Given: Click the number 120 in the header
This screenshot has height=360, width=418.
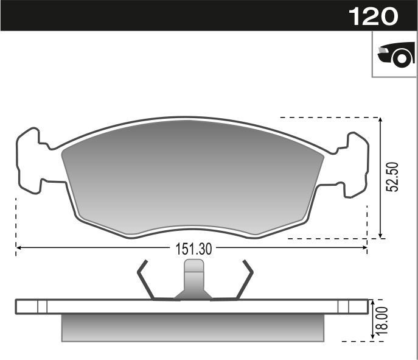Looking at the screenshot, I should (373, 16).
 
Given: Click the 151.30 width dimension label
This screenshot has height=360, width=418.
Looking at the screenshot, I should (193, 249).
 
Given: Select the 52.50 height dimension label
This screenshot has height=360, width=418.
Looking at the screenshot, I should (394, 177).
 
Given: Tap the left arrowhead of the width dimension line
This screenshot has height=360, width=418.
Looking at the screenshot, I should (19, 248).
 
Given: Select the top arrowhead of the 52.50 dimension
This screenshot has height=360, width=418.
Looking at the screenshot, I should (381, 121).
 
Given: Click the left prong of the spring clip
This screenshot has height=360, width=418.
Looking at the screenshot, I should (145, 280).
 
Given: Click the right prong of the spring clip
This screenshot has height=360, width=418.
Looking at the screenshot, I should (245, 280).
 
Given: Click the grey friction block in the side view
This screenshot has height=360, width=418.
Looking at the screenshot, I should (193, 327).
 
